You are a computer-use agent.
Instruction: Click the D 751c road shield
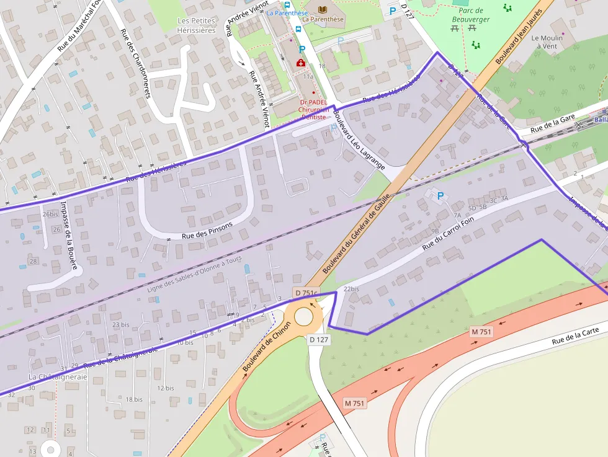pyautogui.click(x=306, y=293)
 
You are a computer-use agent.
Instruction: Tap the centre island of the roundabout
pyautogui.click(x=304, y=316)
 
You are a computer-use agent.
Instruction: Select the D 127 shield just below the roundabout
pyautogui.click(x=319, y=340)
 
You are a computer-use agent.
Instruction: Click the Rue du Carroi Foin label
pyautogui.click(x=448, y=233)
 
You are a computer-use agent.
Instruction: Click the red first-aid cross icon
pyautogui.click(x=300, y=63)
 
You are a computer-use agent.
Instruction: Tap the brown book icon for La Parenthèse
pyautogui.click(x=322, y=9)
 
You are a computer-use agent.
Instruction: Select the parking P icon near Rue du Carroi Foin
pyautogui.click(x=440, y=197)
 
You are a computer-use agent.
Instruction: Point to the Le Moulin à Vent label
pyautogui.click(x=547, y=42)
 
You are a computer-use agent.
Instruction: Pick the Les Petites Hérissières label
pyautogui.click(x=196, y=25)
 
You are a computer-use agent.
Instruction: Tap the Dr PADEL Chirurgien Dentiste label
pyautogui.click(x=313, y=109)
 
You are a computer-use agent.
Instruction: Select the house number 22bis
pyautogui.click(x=351, y=289)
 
